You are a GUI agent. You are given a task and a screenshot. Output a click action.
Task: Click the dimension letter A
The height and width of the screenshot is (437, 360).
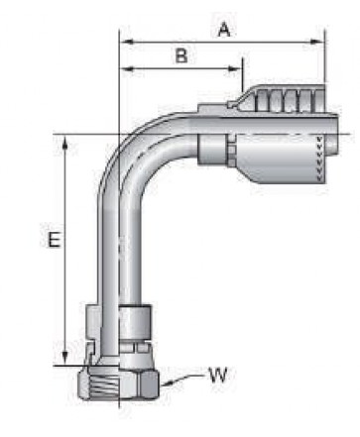click(224, 30)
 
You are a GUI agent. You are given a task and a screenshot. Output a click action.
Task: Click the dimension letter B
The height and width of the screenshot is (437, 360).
click(181, 55)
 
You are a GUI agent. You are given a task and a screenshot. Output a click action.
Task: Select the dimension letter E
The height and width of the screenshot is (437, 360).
click(55, 240)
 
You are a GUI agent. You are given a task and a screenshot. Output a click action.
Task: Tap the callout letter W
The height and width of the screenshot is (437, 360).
click(218, 375)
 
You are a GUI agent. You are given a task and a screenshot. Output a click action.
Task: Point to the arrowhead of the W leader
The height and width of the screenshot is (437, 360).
click(166, 383)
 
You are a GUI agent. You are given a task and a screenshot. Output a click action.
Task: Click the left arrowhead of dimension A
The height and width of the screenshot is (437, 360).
click(126, 42)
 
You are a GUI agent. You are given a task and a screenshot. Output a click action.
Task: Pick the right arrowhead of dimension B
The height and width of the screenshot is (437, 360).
click(235, 68)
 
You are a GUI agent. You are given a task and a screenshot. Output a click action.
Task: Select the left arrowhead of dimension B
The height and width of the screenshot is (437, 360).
click(126, 68)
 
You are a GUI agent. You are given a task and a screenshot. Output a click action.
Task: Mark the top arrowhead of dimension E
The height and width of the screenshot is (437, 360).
click(65, 142)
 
